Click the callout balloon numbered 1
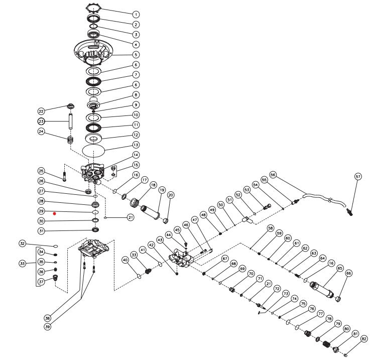pos(136,14)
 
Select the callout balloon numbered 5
pos(136,54)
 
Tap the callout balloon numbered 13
pos(136,145)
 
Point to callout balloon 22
pos(42,110)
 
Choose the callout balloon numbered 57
pos(358,177)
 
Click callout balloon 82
pos(364,339)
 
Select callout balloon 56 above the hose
pos(273,175)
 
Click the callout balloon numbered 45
pos(177,230)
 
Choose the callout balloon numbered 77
pos(320,314)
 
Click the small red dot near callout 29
pos(55,213)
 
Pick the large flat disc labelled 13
pos(94,150)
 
